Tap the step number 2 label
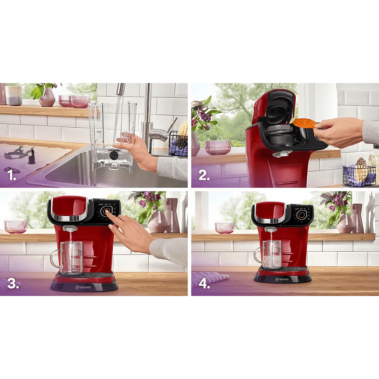pyautogui.click(x=204, y=176)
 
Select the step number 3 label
pyautogui.click(x=13, y=284)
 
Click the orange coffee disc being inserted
pyautogui.click(x=304, y=123)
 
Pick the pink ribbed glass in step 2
pyautogui.click(x=218, y=147)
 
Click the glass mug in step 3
pyautogui.click(x=69, y=257)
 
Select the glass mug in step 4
pyautogui.click(x=270, y=254)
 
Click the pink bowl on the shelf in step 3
pyautogui.click(x=15, y=226)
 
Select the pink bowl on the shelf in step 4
pyautogui.click(x=224, y=228)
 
